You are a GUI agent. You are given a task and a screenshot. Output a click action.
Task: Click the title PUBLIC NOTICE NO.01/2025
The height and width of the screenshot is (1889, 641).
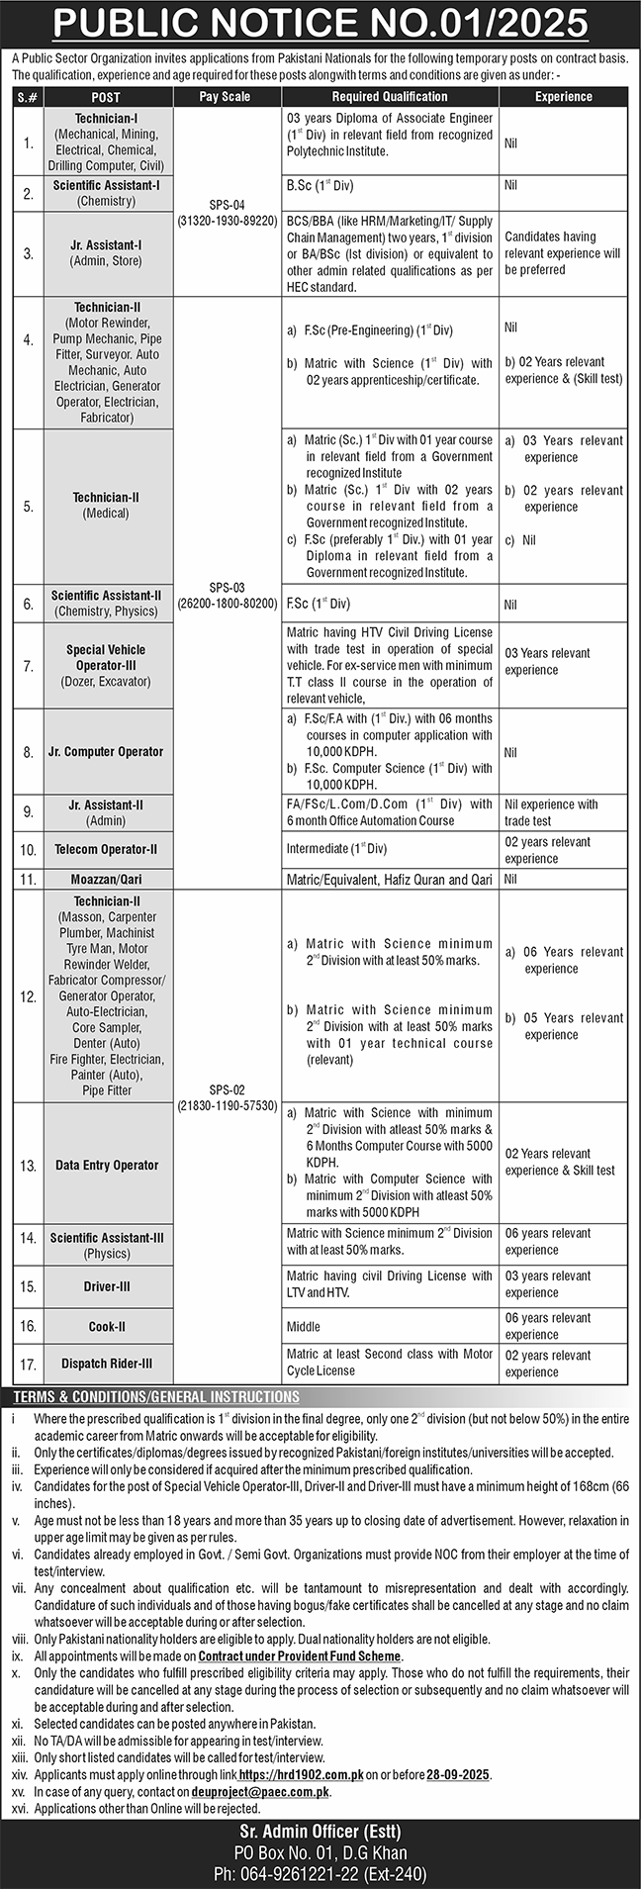coord(320,22)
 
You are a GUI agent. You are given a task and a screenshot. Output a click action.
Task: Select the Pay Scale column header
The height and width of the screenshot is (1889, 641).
coord(225,97)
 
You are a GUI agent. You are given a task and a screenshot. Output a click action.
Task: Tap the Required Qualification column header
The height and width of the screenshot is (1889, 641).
coord(390,97)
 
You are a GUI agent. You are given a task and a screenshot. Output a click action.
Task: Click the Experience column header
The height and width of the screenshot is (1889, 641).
coord(563,97)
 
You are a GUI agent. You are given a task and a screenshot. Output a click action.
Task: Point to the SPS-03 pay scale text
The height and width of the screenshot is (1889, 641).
coord(227,594)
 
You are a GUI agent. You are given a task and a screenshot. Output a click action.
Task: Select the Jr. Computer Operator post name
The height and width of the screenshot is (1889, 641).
coord(107,752)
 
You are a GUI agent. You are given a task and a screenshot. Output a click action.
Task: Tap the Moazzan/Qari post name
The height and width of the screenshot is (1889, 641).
coord(106,879)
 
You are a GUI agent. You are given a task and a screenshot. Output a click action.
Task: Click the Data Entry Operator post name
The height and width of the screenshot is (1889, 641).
coord(107,1166)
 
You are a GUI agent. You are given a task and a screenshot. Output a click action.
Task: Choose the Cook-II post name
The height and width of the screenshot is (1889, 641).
coord(107,1326)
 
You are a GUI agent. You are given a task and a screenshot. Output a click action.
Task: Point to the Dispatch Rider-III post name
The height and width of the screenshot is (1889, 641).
coord(107,1364)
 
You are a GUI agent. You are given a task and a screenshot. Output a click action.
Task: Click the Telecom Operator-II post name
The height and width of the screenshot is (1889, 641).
coord(107,850)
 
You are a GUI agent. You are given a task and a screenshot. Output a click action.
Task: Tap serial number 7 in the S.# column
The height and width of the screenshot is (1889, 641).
coord(28,665)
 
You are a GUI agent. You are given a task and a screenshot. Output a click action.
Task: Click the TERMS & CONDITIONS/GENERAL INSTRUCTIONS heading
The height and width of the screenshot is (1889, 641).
coord(156,1397)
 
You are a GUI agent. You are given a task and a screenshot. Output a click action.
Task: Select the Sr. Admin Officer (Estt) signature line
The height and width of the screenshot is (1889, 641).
coord(320,1832)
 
